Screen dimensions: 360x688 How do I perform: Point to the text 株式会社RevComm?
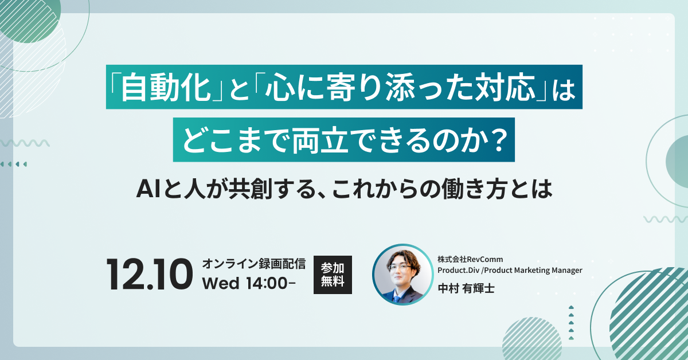[470, 259]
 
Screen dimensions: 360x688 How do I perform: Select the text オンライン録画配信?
[253, 264]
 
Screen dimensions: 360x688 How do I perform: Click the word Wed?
[221, 284]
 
